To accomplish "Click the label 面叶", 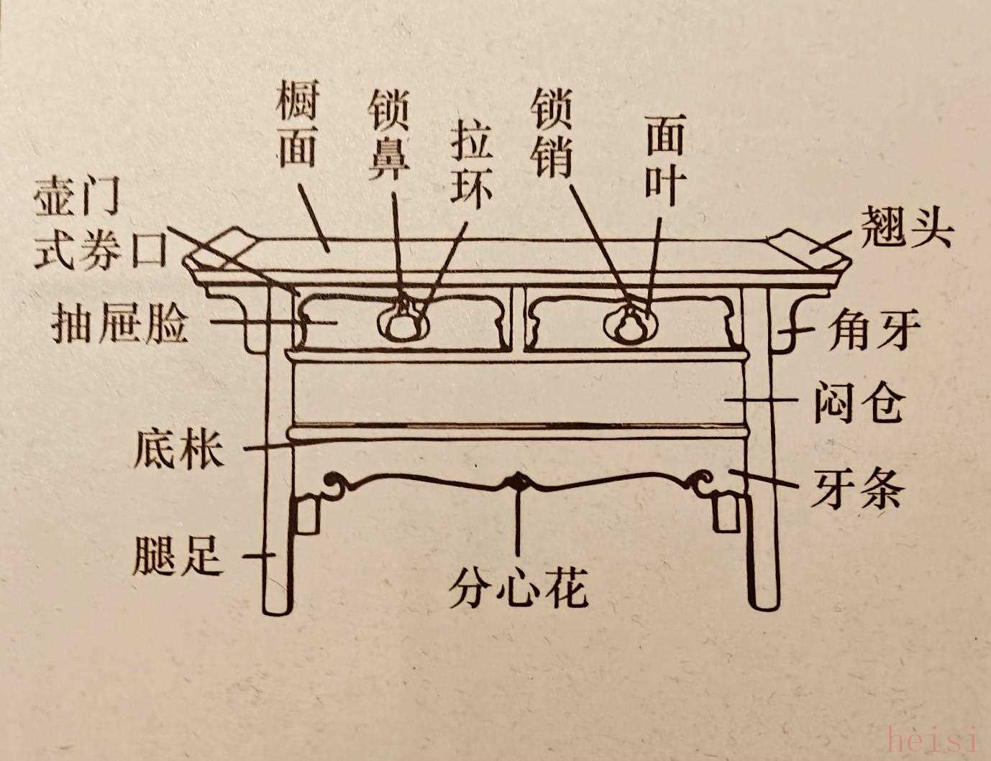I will (664, 159).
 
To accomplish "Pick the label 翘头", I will (908, 229).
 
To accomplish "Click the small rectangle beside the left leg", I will (308, 512).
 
